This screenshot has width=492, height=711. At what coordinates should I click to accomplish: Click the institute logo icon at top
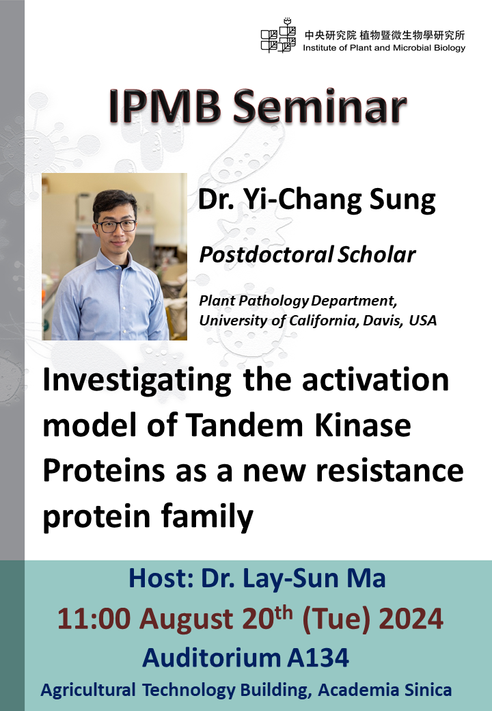coord(278,35)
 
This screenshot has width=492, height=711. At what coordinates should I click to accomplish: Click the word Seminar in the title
coord(320,107)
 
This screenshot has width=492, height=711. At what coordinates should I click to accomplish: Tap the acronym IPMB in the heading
coord(165,107)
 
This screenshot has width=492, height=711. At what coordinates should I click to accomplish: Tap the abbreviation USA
coord(423,320)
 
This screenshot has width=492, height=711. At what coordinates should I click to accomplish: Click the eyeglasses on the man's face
coord(116,226)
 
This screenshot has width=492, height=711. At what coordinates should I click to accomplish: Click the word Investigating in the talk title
coord(137,380)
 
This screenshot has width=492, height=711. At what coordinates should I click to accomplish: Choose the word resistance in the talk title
coord(389,470)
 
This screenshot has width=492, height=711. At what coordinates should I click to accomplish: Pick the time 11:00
coord(94,619)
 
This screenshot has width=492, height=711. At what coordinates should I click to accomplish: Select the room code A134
coord(318,658)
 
